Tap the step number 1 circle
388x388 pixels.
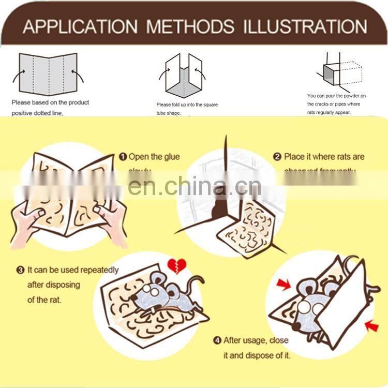tap(123, 157)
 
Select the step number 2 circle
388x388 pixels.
tap(277, 157)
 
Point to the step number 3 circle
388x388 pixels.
tap(21, 270)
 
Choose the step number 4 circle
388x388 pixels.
tap(217, 340)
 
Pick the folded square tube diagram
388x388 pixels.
tap(184, 77)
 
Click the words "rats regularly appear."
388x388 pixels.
tap(329, 112)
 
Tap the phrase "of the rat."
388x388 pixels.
tap(44, 300)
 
